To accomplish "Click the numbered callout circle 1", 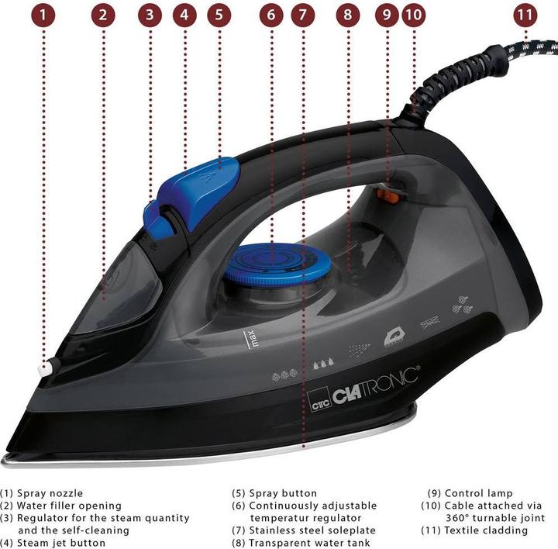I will click(43, 14).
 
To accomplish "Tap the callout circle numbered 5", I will click(219, 14).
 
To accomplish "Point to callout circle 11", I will click(526, 14).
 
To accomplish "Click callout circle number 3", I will click(150, 14).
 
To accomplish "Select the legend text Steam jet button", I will click(61, 543).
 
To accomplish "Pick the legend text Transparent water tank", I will click(309, 543).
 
